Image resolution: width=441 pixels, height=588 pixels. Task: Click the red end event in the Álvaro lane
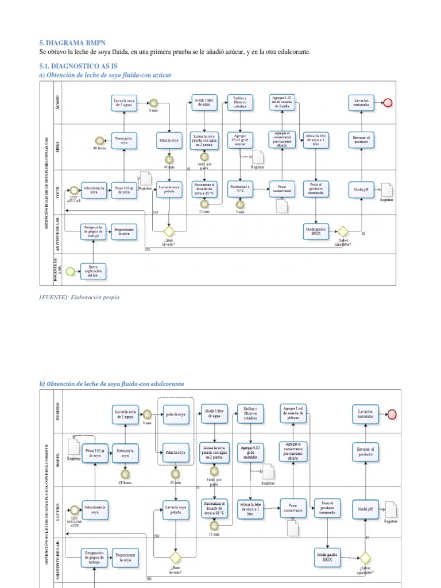pyautogui.click(x=388, y=103)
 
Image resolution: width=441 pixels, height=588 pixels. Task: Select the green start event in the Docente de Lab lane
pyautogui.click(x=70, y=271)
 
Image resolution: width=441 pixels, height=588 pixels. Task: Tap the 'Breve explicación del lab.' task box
pyautogui.click(x=92, y=271)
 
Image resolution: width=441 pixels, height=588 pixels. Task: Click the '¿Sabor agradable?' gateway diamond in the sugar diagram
pyautogui.click(x=343, y=231)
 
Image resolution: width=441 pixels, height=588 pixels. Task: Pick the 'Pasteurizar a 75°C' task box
pyautogui.click(x=239, y=189)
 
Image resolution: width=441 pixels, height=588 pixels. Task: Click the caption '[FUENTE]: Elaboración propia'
pyautogui.click(x=80, y=298)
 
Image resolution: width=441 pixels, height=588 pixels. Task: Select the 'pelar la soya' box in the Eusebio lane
pyautogui.click(x=176, y=415)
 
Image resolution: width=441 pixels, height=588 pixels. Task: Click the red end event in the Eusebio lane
pyautogui.click(x=392, y=415)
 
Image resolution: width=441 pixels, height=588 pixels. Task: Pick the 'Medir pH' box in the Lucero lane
pyautogui.click(x=366, y=509)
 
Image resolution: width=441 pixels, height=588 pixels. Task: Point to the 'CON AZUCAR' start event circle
pyautogui.click(x=73, y=189)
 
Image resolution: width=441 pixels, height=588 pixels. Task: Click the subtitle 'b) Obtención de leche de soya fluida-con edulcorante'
pyautogui.click(x=111, y=384)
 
